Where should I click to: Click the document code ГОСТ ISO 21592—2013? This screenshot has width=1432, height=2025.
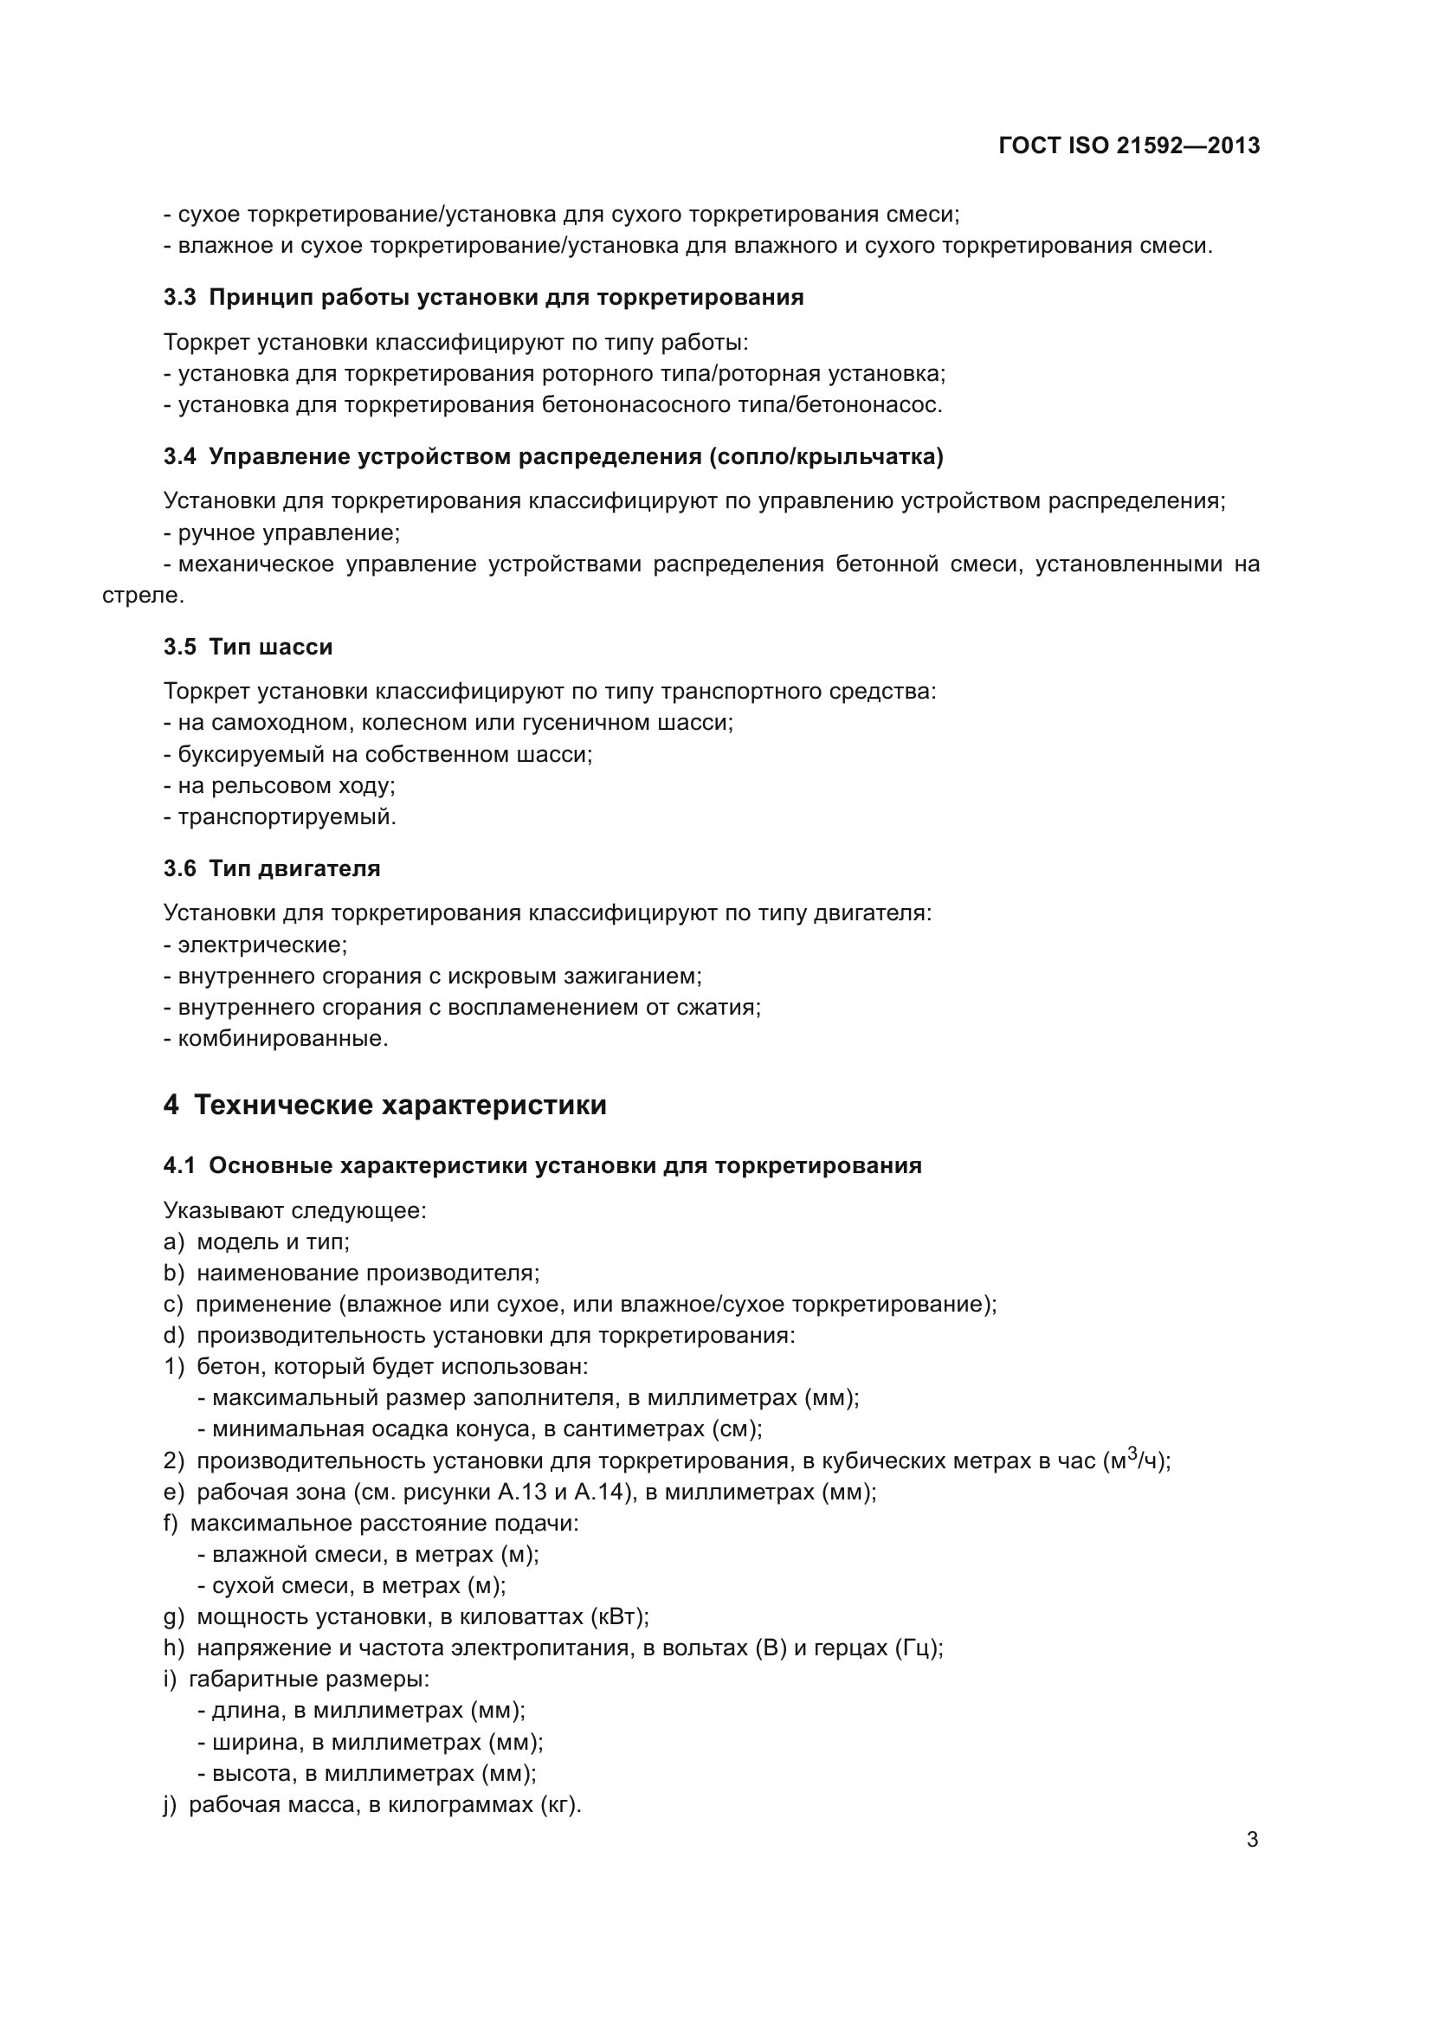pyautogui.click(x=1129, y=145)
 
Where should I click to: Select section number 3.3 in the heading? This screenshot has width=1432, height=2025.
pyautogui.click(x=179, y=297)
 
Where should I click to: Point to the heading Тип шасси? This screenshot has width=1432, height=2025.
pyautogui.click(x=271, y=647)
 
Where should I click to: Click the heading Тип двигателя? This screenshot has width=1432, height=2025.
pyautogui.click(x=294, y=868)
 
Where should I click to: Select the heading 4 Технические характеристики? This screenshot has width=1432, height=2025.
pyautogui.click(x=384, y=1105)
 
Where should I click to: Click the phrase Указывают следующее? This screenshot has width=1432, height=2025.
pyautogui.click(x=294, y=1210)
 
